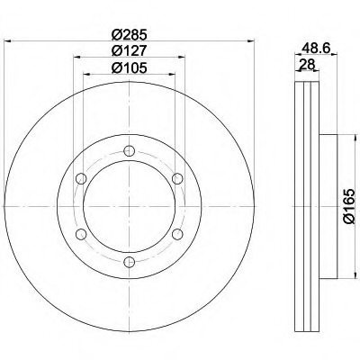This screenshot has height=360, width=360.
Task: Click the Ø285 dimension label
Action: tap(129, 35)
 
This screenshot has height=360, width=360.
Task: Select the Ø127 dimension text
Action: tap(129, 50)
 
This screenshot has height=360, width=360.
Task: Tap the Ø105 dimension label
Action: tap(129, 68)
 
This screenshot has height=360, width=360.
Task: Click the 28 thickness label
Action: tap(307, 64)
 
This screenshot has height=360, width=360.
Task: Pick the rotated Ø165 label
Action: tap(349, 206)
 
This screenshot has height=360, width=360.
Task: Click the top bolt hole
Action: tap(129, 150)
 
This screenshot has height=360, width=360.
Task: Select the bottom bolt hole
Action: tap(129, 262)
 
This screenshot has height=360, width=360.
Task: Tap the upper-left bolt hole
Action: tap(81, 178)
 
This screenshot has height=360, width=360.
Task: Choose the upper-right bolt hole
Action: tap(177, 178)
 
